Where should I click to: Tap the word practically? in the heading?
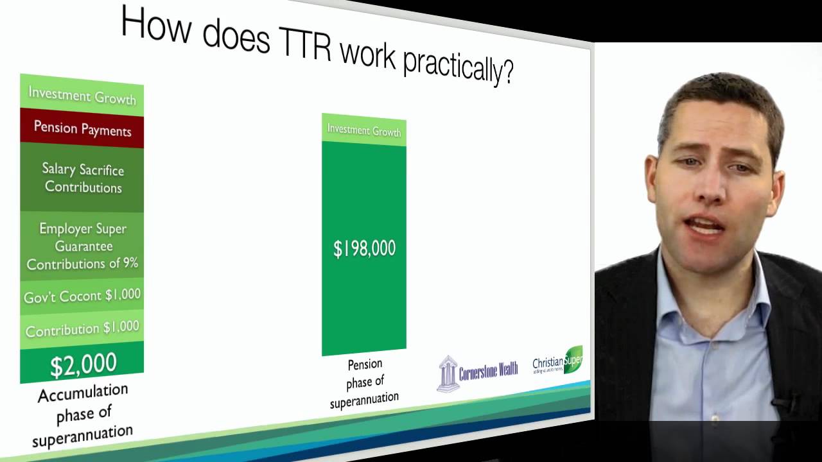[458, 65]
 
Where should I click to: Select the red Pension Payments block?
[82, 129]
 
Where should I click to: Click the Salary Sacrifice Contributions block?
[83, 178]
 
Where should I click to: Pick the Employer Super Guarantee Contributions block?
[82, 246]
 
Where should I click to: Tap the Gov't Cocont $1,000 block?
[82, 296]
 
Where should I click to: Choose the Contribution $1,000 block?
[82, 329]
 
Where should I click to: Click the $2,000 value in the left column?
[83, 364]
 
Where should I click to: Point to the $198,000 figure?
[364, 249]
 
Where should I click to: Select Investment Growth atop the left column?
[82, 96]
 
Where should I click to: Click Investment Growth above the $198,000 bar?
[364, 130]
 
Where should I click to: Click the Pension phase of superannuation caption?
[364, 383]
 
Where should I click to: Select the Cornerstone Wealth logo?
[478, 373]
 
